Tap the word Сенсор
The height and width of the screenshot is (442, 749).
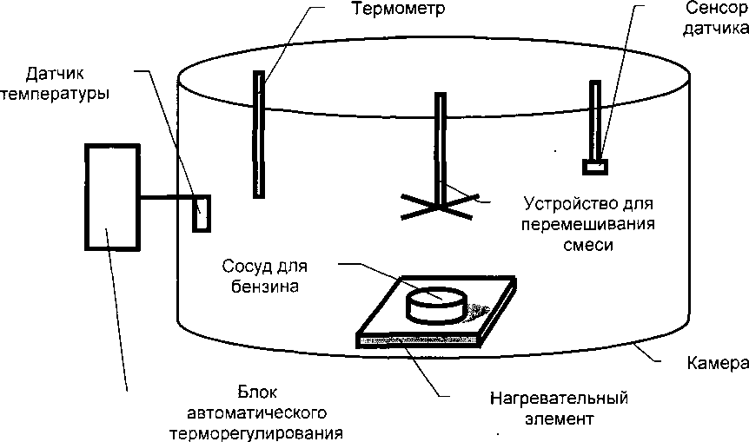[710, 10]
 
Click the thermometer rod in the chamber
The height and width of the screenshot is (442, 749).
[258, 135]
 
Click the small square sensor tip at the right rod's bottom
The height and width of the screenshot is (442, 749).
[595, 165]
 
